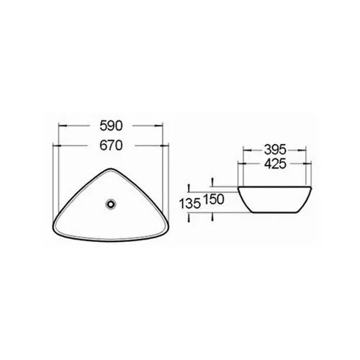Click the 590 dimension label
(111, 126)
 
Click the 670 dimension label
(111, 145)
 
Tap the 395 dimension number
(275, 150)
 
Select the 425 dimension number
(275, 164)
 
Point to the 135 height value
(189, 204)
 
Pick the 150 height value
(214, 199)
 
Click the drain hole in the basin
(111, 204)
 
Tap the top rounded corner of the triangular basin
(111, 168)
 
